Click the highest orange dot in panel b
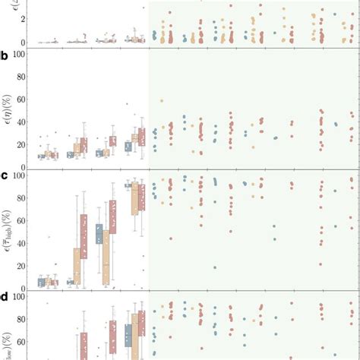coord(161,101)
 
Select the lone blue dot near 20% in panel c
coord(215,267)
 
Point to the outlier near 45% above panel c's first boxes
coord(51,237)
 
